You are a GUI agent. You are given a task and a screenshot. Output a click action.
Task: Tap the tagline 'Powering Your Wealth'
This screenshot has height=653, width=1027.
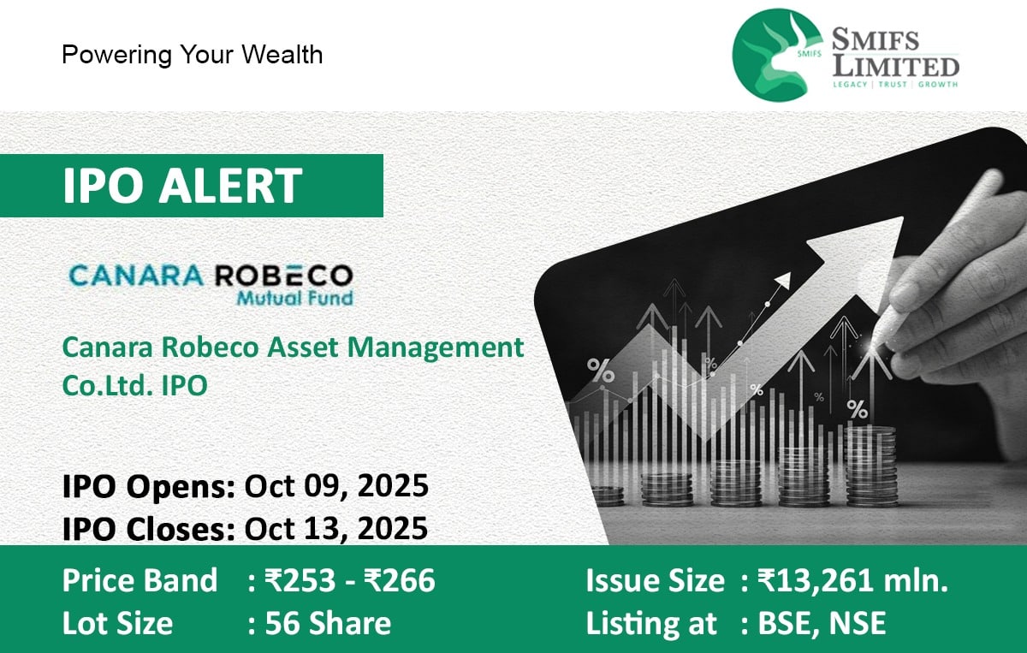pos(192,55)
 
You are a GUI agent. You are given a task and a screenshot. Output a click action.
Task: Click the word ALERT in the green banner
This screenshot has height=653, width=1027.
pos(229,185)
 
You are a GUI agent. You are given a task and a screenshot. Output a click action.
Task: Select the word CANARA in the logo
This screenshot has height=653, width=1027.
pos(136,275)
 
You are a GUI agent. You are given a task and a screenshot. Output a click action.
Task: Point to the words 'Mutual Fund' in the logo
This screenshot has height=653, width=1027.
pos(294,299)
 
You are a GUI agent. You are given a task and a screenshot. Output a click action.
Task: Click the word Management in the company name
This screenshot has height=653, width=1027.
pos(435,348)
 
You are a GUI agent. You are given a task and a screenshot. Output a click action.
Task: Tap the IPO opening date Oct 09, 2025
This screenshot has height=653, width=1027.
pos(336,486)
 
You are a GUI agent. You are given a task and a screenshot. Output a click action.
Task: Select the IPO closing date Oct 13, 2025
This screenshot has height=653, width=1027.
pos(336,528)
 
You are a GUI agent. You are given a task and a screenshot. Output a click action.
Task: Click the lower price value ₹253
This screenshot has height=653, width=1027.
pos(300,580)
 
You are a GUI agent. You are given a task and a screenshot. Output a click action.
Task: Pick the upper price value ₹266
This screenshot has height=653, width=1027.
pos(400,580)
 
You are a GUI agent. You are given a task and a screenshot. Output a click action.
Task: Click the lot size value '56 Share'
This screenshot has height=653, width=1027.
pos(328,623)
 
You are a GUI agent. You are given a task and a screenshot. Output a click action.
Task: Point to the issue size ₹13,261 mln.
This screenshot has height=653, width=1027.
pos(852,581)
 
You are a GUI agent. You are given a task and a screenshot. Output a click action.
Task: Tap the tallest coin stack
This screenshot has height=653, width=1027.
pos(870,466)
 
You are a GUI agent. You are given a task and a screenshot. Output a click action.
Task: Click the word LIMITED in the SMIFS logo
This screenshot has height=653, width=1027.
pos(896,66)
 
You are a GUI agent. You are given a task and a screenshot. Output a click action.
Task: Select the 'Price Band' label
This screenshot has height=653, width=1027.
pos(140,580)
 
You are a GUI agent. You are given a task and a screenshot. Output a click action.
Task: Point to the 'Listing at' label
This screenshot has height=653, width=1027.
pos(651,623)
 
